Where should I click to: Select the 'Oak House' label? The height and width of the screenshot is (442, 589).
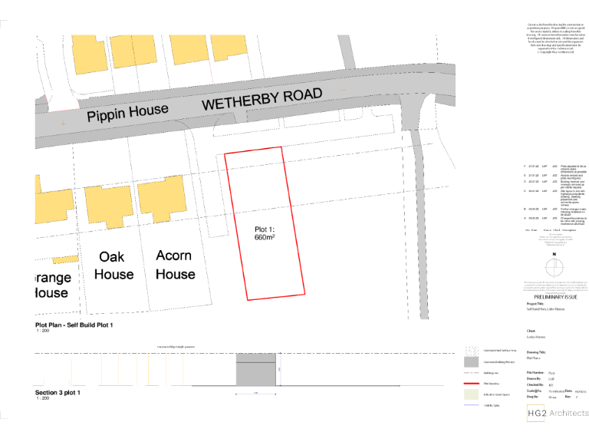tap(114, 266)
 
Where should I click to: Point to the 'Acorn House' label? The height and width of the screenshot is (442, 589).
tap(175, 264)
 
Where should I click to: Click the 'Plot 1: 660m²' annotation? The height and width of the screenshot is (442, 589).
tap(265, 233)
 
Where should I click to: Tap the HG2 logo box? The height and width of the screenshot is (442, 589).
tap(537, 414)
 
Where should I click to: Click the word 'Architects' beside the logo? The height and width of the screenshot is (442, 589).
tap(568, 414)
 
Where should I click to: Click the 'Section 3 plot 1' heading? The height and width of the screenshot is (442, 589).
tap(58, 392)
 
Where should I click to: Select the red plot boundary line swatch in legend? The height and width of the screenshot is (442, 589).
tap(470, 382)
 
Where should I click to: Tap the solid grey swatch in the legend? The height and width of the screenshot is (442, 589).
tap(470, 361)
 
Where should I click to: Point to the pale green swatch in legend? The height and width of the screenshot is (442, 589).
tap(470, 394)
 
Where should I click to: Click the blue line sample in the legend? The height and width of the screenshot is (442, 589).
tap(470, 405)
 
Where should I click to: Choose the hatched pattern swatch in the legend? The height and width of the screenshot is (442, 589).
tap(470, 350)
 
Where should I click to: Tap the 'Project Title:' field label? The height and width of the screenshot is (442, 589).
tap(537, 303)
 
